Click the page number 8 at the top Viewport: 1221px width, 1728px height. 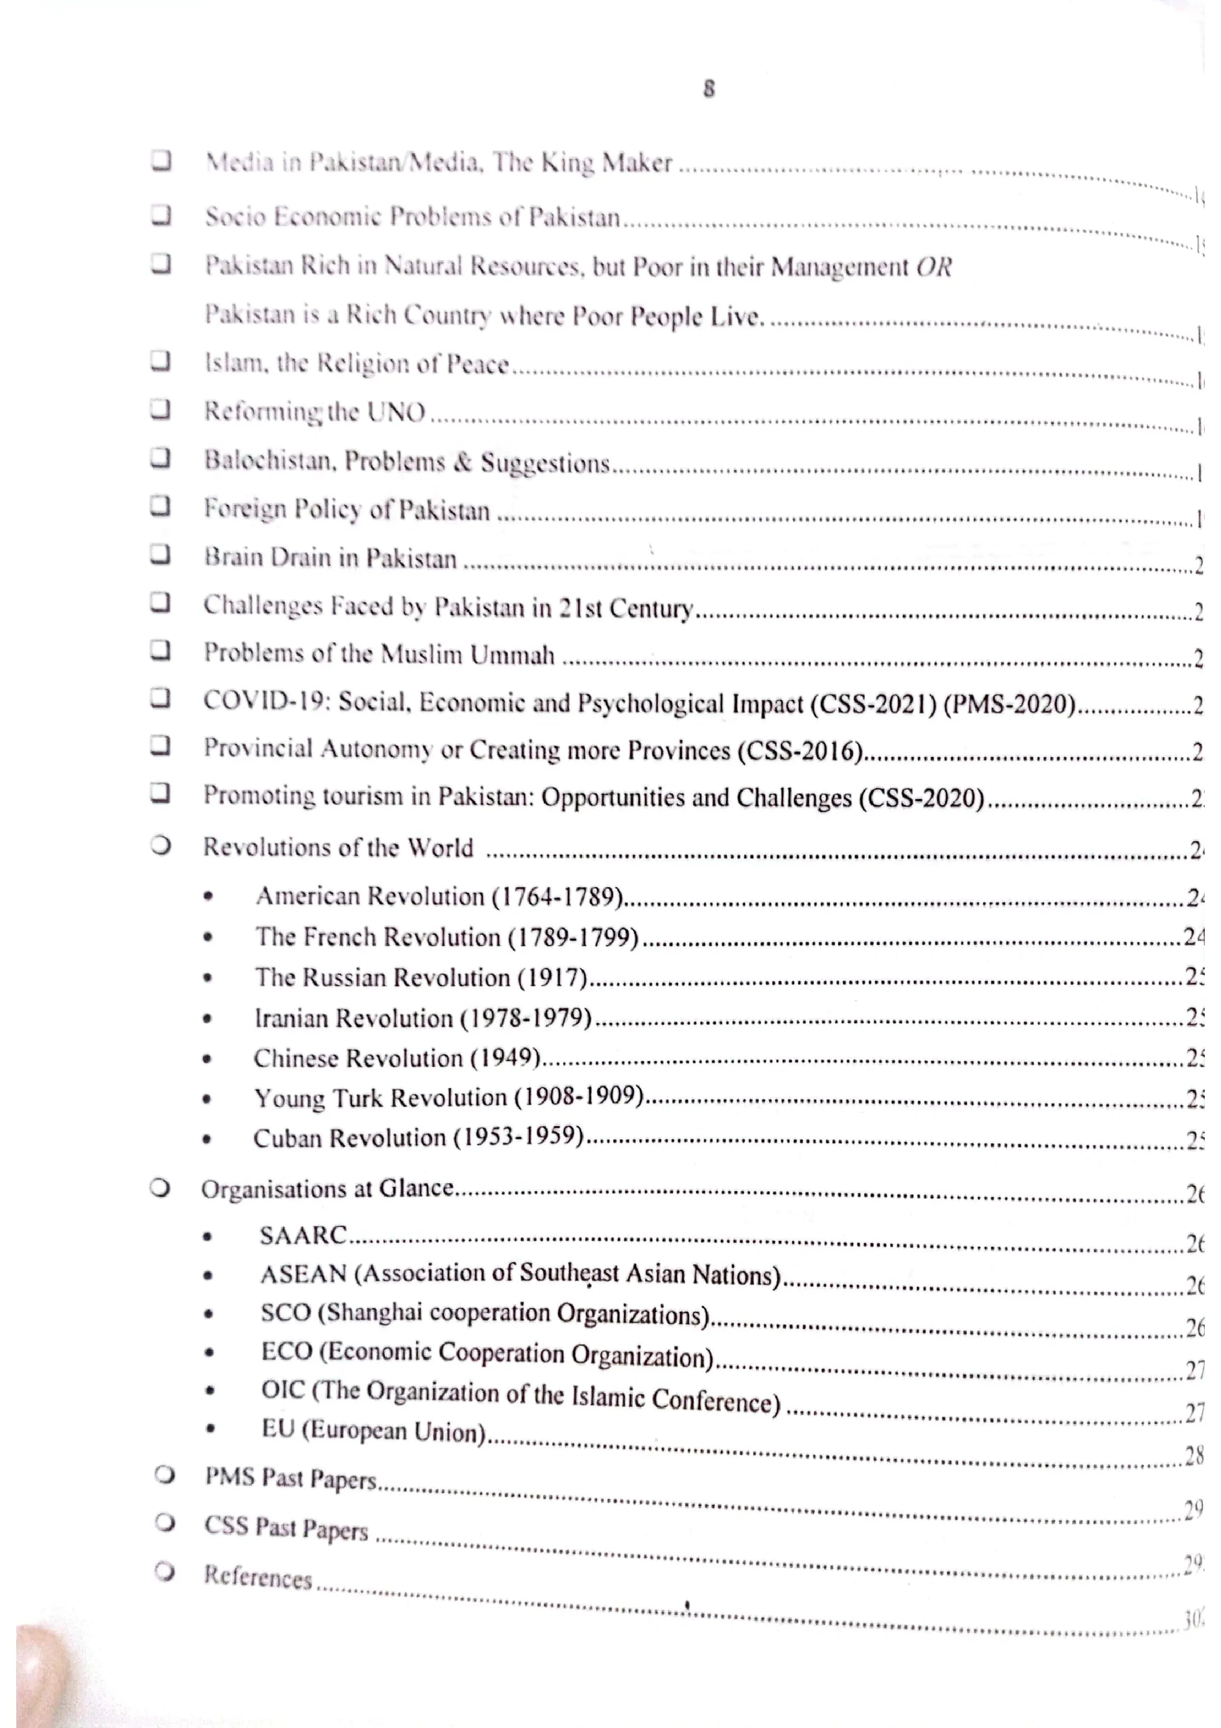709,89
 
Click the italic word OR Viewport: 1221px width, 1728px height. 934,267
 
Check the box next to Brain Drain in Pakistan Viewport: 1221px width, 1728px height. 160,554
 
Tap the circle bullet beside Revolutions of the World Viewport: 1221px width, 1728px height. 160,845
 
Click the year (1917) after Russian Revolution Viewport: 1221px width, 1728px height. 552,978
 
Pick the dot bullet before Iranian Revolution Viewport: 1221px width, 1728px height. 208,1019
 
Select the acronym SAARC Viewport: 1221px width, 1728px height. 303,1235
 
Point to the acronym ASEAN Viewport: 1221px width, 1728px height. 303,1274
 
